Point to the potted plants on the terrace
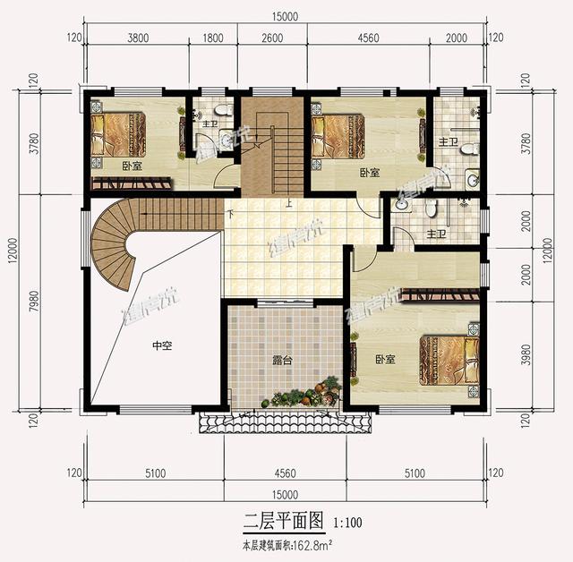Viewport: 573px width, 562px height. [304, 395]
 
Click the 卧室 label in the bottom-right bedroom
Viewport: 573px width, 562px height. [386, 360]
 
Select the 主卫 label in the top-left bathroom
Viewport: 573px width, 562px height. [211, 123]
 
